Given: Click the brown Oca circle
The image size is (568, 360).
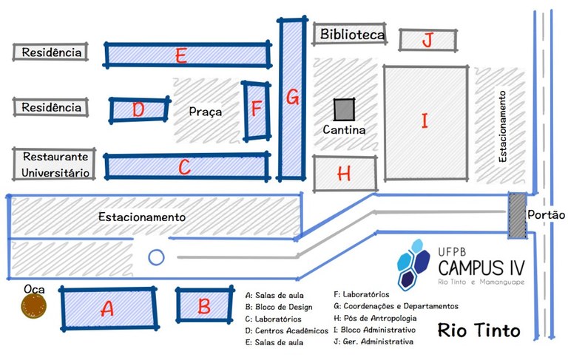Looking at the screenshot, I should click(x=33, y=304).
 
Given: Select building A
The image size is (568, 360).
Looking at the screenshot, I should click(x=108, y=309).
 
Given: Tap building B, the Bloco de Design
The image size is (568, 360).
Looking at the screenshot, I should click(x=204, y=305).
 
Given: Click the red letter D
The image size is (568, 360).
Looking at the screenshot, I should click(x=138, y=110).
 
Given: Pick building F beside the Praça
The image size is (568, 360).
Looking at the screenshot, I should click(x=256, y=110).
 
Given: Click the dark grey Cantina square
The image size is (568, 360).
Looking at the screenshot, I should click(x=344, y=109).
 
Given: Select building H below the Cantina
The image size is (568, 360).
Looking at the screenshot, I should click(x=344, y=174).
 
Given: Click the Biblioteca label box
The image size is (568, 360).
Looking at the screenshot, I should click(x=351, y=35).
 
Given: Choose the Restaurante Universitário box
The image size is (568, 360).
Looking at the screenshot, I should click(x=55, y=164).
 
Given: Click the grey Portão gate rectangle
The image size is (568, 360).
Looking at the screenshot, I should click(x=517, y=216).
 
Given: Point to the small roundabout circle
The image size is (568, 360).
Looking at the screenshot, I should click(x=156, y=257).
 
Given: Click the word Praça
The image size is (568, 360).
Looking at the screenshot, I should click(x=205, y=112).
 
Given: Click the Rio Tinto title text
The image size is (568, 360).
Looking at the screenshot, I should click(x=479, y=330).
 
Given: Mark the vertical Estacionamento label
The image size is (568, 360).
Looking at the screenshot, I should click(x=502, y=126).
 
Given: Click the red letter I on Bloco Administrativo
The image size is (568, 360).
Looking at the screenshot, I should click(x=425, y=120).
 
